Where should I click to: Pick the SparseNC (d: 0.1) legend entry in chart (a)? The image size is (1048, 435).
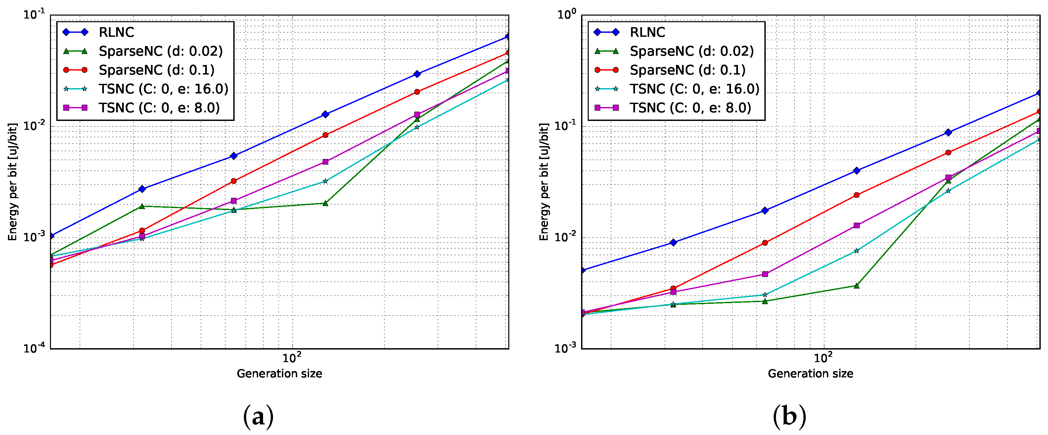pos(138,70)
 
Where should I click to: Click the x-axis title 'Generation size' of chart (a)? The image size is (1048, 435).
pos(280,373)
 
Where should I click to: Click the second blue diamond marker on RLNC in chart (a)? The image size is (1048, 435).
pos(142,189)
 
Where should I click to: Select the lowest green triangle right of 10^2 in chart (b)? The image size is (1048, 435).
pos(856,286)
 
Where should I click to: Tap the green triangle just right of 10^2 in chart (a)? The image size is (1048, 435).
pos(325,203)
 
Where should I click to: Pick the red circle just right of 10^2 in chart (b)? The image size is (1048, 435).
pos(856,195)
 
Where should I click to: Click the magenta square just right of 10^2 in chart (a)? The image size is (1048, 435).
pos(325,162)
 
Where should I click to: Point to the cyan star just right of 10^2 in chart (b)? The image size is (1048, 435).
pos(856,251)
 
